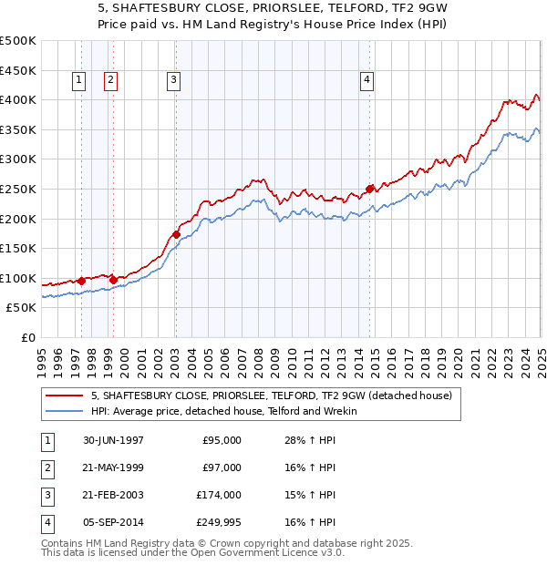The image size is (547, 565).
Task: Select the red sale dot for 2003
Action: point(176,234)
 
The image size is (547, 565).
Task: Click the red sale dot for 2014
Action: point(370,189)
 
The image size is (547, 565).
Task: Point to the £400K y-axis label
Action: point(18,99)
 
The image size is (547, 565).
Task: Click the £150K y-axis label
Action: point(18,248)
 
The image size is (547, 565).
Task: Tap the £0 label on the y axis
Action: point(28,337)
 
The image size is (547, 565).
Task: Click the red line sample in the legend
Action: point(64,396)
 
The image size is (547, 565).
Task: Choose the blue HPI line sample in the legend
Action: point(64,412)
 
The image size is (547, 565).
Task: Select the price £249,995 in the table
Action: point(218,522)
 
